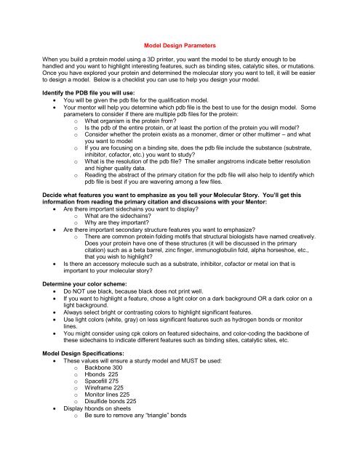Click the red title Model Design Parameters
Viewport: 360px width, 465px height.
[x=180, y=45]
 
